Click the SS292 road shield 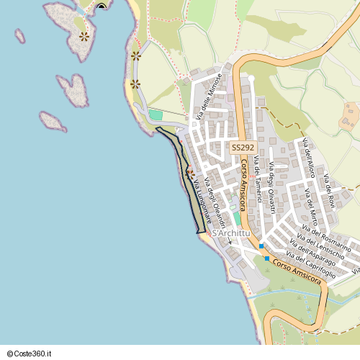pos(243,147)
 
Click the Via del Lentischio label pos(321,246)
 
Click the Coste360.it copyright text pos(28,354)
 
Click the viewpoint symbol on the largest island pos(85,35)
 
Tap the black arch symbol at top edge pos(102,6)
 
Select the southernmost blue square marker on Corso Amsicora pos(266,258)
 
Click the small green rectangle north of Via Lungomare pos(156,114)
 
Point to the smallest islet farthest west pos(19,35)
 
